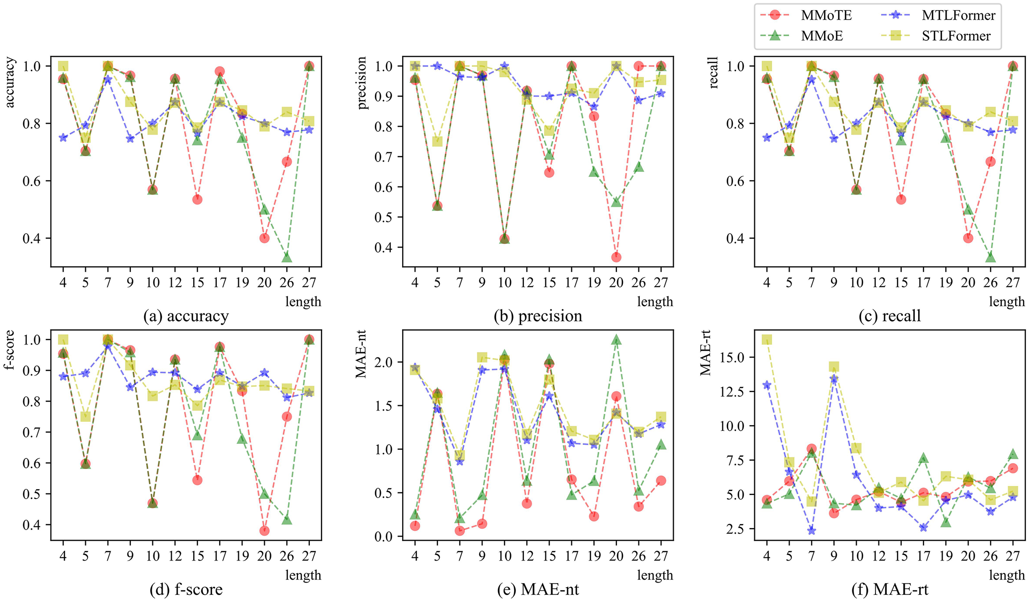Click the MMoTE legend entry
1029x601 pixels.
coord(807,15)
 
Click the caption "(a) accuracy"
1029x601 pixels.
coord(186,317)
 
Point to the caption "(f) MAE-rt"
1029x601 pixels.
coord(890,589)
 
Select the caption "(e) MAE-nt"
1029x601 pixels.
coord(538,589)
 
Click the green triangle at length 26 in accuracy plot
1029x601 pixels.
coord(287,257)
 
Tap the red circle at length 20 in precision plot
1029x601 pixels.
coord(617,257)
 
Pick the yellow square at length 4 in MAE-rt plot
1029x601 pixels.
coord(767,340)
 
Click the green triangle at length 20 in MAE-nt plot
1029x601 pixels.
coord(617,340)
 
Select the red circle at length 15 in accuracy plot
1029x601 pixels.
coord(197,199)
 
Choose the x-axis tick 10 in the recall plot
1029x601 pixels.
coord(856,282)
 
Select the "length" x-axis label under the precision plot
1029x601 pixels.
coord(655,302)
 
